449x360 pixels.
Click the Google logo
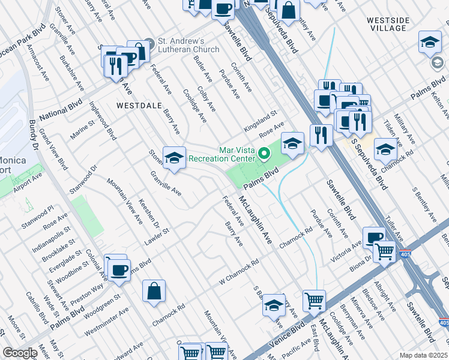click(x=20, y=353)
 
